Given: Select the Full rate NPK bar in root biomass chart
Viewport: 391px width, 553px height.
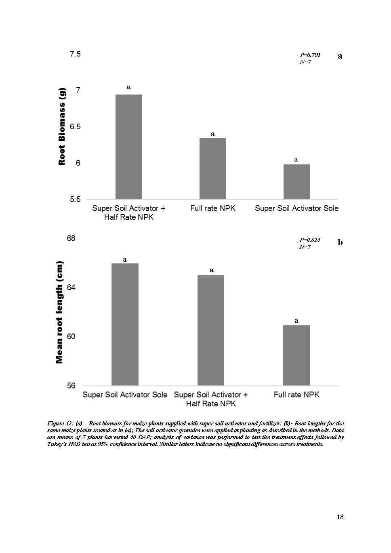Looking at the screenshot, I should [x=212, y=168].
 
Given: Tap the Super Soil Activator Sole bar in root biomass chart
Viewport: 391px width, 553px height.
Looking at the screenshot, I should [x=296, y=181].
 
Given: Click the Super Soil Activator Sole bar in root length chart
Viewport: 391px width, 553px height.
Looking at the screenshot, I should [x=125, y=324].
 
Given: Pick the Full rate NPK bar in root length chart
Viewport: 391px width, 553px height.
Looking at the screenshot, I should [x=296, y=355].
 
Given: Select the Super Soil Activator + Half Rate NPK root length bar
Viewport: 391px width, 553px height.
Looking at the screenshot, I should [x=211, y=330].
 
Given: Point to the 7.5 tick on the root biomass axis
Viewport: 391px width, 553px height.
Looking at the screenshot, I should [x=75, y=54].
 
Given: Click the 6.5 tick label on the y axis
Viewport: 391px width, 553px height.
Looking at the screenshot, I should [x=75, y=127].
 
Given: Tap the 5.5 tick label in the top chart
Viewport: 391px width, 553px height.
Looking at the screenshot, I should [x=75, y=200].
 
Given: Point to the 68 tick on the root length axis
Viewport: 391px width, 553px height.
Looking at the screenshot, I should [x=71, y=238].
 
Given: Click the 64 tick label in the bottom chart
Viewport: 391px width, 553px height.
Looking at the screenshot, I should [x=71, y=288].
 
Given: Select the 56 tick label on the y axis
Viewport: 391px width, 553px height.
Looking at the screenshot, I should [x=71, y=386].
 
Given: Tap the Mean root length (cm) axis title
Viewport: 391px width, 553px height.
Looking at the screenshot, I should [x=59, y=312].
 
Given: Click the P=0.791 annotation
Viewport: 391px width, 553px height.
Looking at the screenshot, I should [x=310, y=55].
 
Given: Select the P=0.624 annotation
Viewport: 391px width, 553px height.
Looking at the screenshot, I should [x=310, y=240].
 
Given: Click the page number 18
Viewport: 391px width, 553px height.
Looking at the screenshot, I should [x=340, y=517].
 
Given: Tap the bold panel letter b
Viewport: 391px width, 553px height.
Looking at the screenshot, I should [x=340, y=242].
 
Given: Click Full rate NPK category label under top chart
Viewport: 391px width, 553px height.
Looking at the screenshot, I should [x=212, y=208].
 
